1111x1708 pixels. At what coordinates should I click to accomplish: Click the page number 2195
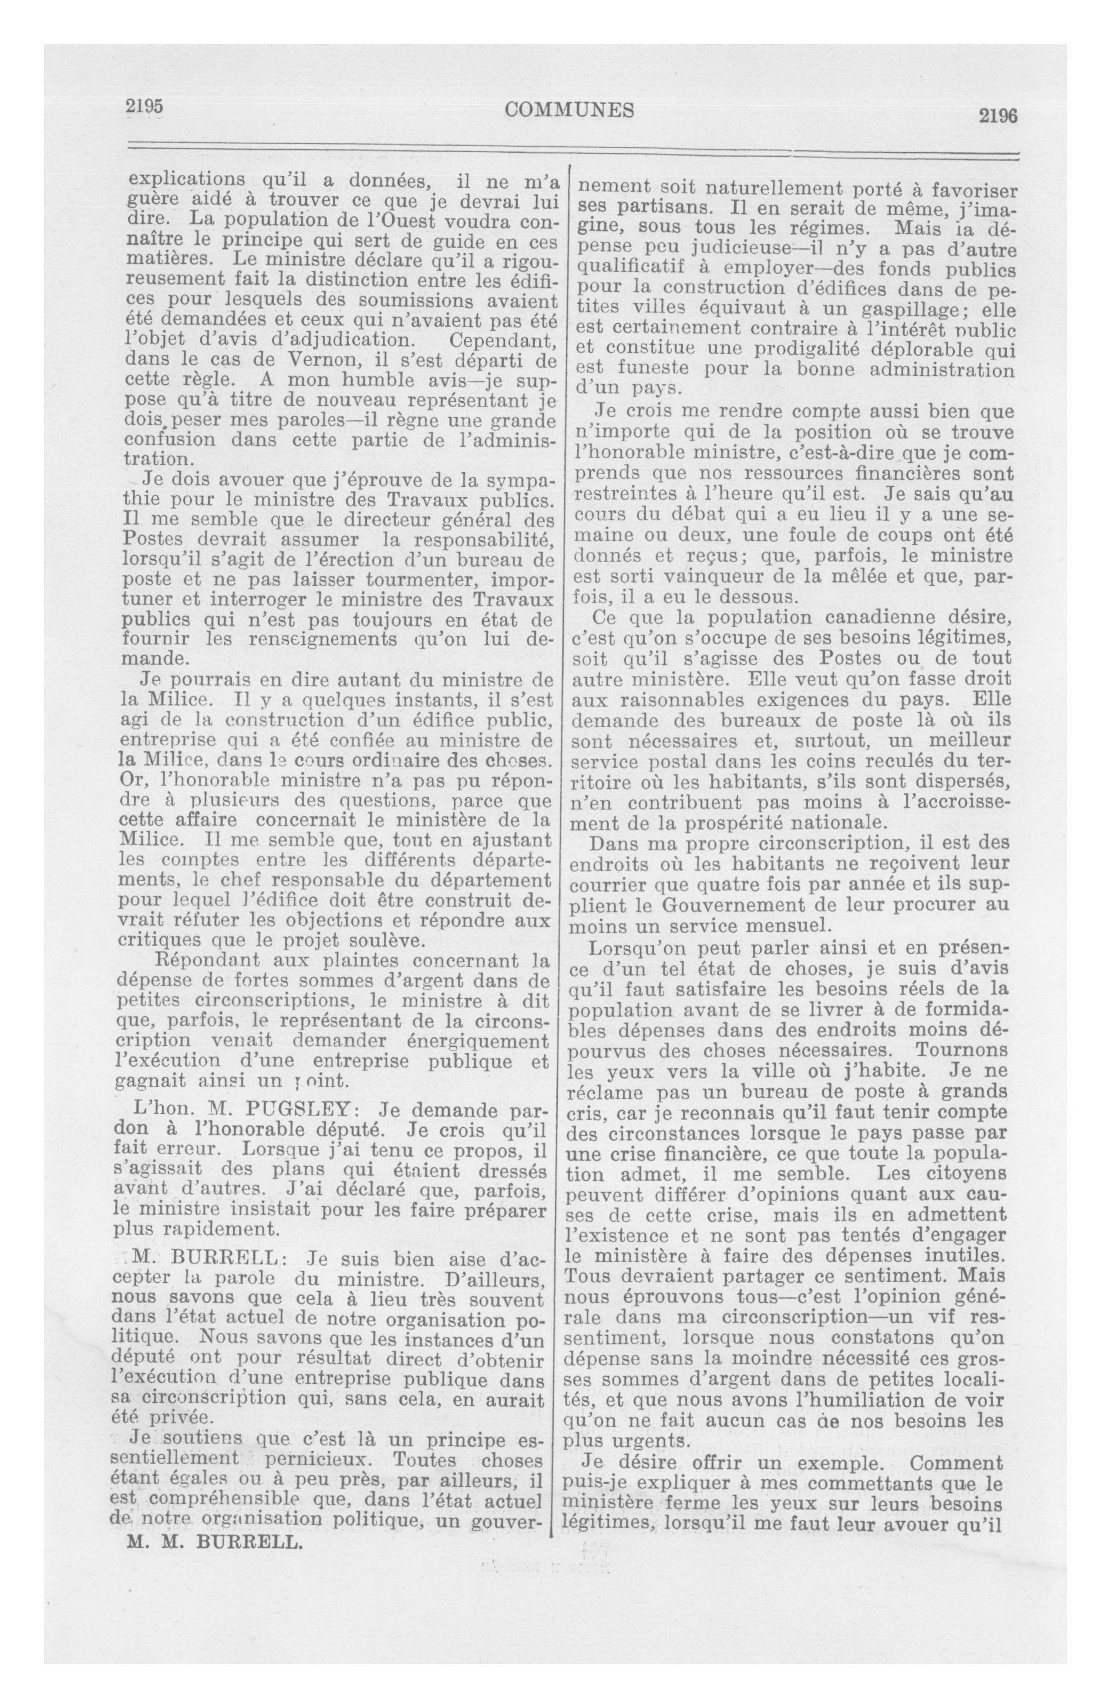click(145, 106)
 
